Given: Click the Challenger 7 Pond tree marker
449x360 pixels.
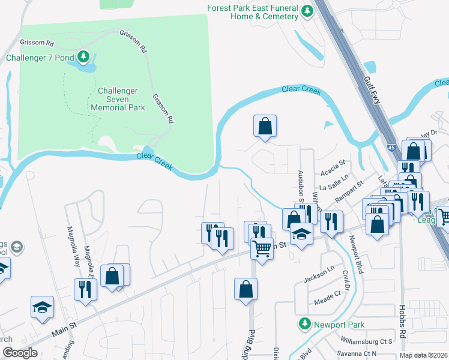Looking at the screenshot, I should pyautogui.click(x=83, y=58).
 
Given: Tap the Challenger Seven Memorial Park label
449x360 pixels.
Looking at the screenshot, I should pyautogui.click(x=118, y=99).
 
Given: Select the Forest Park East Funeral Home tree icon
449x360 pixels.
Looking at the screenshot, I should pyautogui.click(x=307, y=11).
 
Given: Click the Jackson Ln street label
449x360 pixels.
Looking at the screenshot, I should pyautogui.click(x=318, y=276).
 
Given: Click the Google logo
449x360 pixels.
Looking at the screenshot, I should pyautogui.click(x=19, y=353).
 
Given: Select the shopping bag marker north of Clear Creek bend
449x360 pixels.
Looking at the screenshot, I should pyautogui.click(x=264, y=126).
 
